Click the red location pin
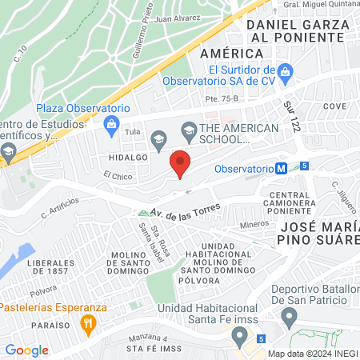click(181, 163)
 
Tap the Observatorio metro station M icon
click(282, 169)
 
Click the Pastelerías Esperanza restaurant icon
click(87, 323)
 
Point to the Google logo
click(26, 350)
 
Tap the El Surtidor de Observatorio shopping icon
click(283, 73)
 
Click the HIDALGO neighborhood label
click(124, 158)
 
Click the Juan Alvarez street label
click(176, 18)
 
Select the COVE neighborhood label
click(334, 106)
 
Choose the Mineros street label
click(254, 225)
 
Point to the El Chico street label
click(117, 176)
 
